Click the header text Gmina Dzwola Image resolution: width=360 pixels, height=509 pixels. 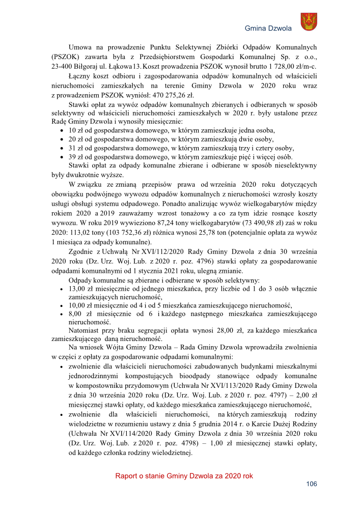268,29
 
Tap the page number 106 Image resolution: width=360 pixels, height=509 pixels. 312,484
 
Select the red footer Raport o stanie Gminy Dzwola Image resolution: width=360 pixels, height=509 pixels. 184,476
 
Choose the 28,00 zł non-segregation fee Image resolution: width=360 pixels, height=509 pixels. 206,330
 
